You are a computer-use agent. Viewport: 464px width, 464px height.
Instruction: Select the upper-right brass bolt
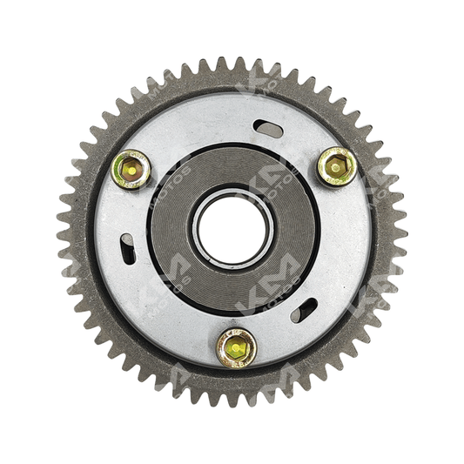[336, 165]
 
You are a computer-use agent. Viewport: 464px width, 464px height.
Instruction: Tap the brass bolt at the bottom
[236, 347]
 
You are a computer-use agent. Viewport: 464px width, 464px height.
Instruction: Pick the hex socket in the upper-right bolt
[336, 165]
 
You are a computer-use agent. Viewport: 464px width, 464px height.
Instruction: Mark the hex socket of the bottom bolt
[236, 348]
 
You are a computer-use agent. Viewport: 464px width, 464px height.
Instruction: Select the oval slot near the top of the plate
[269, 130]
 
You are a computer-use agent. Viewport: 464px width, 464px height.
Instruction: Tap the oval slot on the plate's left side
[127, 249]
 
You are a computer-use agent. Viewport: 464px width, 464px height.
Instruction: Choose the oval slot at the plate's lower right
[304, 310]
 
